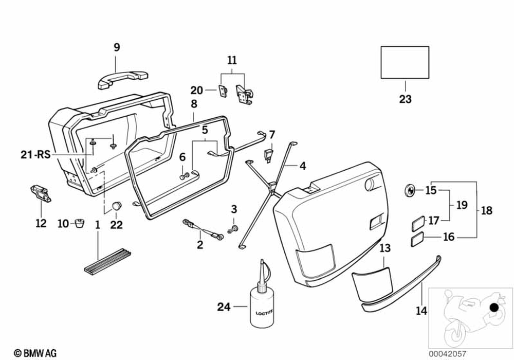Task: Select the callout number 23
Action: tap(405, 99)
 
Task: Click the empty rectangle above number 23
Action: tap(405, 62)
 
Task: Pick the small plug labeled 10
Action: tap(80, 223)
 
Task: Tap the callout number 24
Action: tap(224, 307)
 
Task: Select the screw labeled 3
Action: tap(234, 226)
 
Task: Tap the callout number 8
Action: tap(194, 104)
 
